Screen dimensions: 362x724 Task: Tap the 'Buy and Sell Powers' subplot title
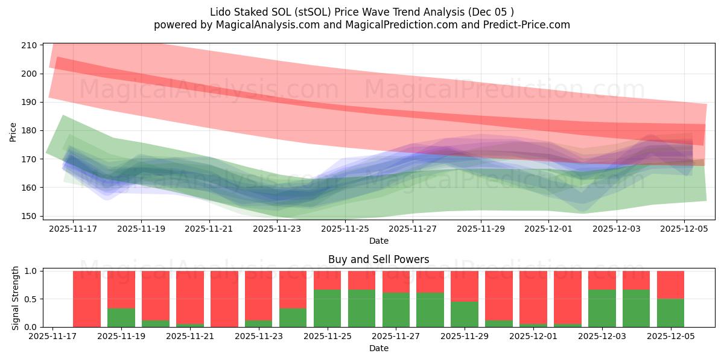(379, 259)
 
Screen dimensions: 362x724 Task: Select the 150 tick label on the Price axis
(31, 216)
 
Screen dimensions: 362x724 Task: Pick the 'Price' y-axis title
(13, 132)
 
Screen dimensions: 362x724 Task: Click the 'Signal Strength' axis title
(16, 297)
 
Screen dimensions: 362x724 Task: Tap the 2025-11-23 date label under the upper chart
(277, 229)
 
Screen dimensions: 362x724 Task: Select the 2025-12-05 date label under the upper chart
(684, 229)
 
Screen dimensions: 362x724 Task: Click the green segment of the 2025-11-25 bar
(328, 308)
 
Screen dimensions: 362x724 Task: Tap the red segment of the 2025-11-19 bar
(121, 290)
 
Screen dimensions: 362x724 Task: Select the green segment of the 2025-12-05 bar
(670, 313)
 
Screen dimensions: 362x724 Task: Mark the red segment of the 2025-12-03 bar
(602, 280)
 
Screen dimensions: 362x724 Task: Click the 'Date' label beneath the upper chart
(379, 241)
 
